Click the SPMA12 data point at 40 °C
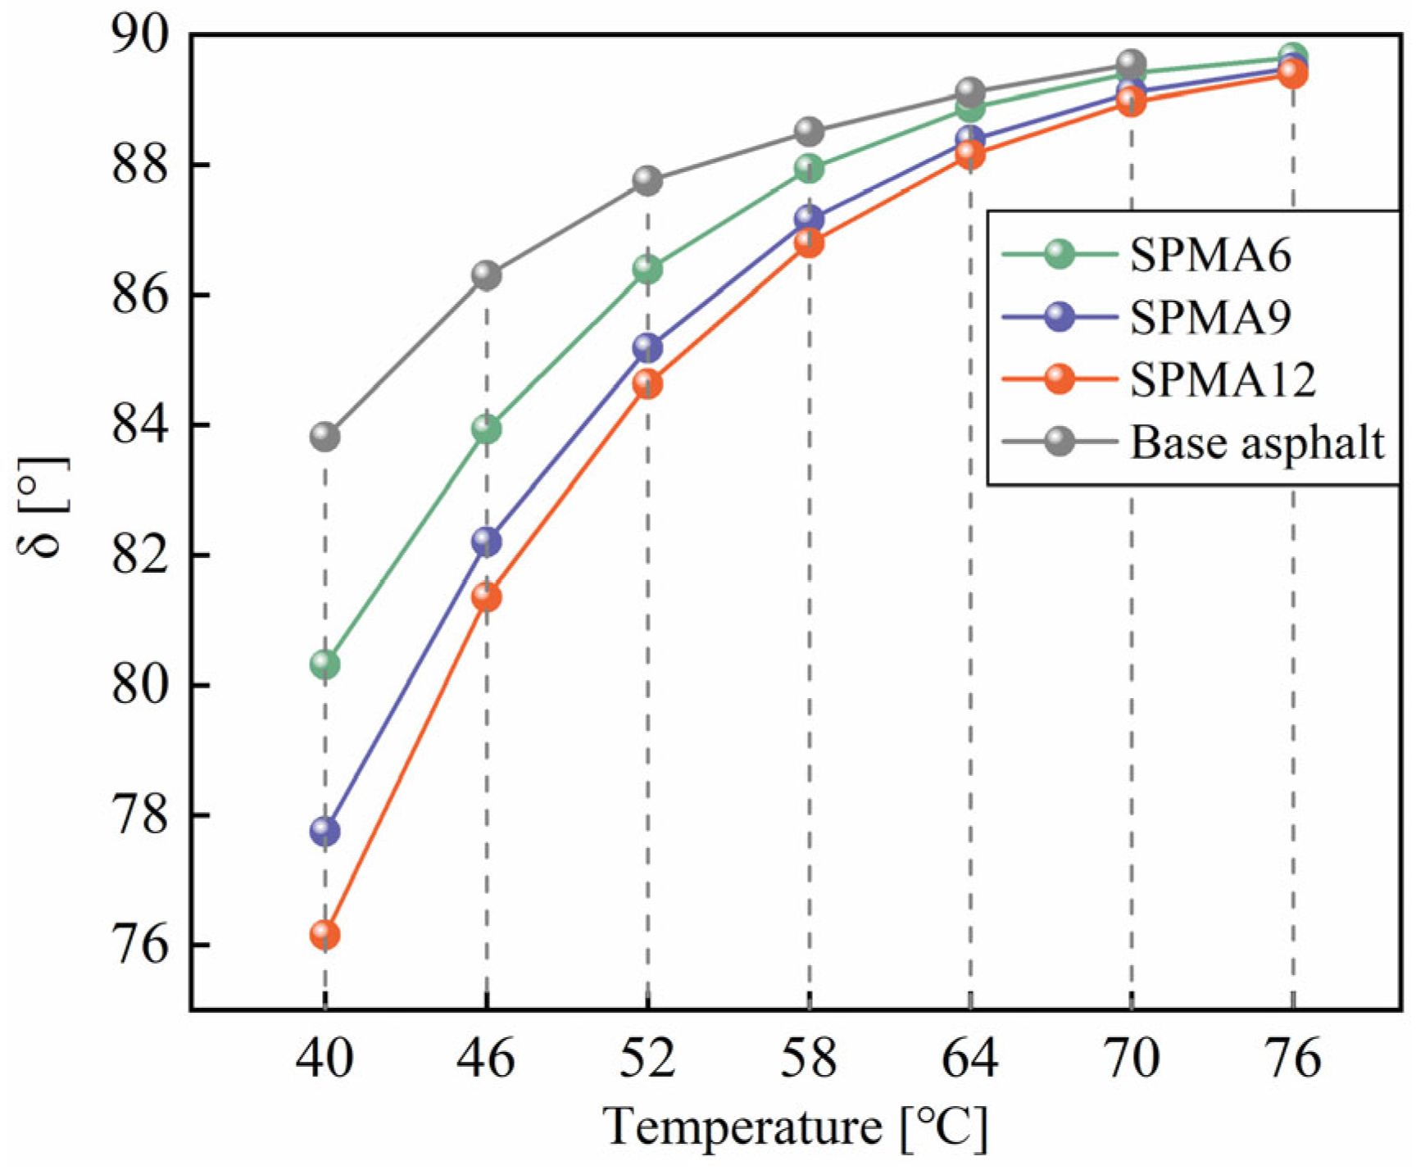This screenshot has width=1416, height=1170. click(324, 934)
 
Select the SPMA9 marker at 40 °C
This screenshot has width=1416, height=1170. click(324, 831)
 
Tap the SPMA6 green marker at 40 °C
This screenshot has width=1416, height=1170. click(324, 664)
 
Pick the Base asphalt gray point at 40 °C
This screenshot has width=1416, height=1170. click(324, 436)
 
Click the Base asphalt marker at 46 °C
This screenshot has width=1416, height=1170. click(486, 275)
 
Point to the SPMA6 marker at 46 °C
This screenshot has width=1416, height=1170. click(486, 429)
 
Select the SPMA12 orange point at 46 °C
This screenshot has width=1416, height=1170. click(486, 597)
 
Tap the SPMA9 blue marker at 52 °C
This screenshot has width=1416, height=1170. click(647, 348)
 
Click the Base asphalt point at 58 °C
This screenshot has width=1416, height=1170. click(809, 131)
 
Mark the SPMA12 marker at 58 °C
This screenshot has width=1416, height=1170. click(809, 243)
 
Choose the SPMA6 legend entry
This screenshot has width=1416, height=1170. click(1209, 255)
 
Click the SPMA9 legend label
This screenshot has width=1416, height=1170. click(1209, 317)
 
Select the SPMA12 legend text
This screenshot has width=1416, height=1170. click(1222, 379)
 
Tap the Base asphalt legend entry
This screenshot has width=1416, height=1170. click(1256, 442)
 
